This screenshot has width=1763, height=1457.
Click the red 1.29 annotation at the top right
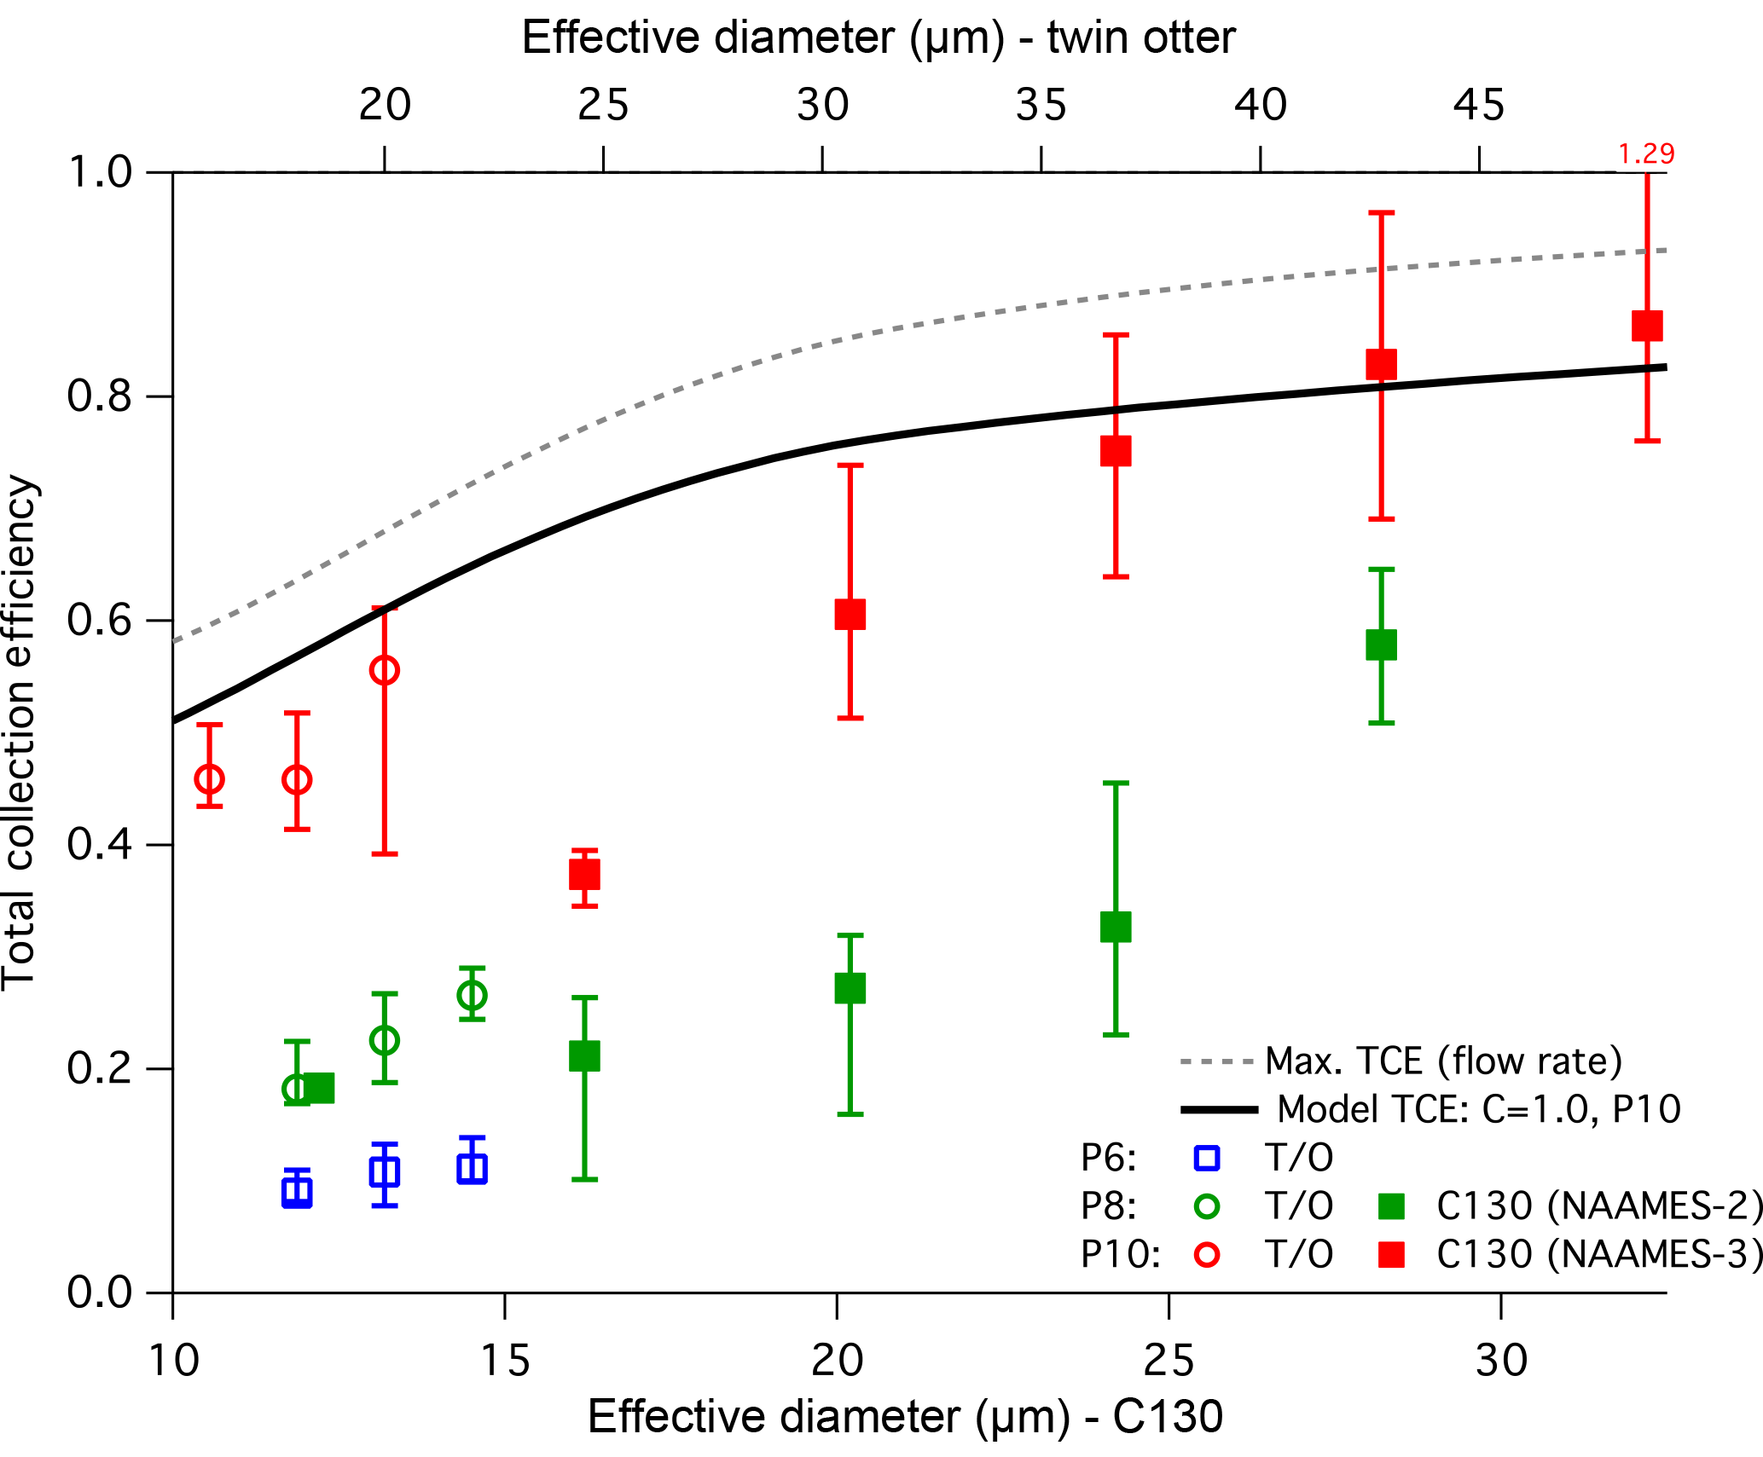coord(1645,154)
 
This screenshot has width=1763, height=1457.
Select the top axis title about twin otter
coord(879,38)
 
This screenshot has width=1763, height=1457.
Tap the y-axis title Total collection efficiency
coord(19,732)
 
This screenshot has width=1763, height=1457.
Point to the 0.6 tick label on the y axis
coord(99,620)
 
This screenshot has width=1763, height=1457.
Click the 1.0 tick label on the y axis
coord(99,172)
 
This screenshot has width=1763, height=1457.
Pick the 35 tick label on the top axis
coord(1041,106)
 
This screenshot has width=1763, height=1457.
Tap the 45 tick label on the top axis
coord(1479,106)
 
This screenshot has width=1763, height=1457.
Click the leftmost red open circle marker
coord(209,778)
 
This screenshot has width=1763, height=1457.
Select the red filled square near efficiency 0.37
coord(584,874)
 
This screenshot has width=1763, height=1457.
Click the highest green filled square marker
coord(1381,645)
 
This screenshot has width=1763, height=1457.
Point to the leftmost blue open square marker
coord(296,1191)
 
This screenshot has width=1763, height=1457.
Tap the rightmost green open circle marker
coord(472,995)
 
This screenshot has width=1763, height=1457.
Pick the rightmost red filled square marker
coord(1647,326)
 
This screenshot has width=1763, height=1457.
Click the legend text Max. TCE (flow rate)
coord(1443,1061)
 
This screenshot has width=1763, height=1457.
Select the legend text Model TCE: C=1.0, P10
coord(1479,1109)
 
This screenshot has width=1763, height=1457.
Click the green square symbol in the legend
coord(1391,1206)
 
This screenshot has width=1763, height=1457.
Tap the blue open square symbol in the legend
coord(1208,1158)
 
